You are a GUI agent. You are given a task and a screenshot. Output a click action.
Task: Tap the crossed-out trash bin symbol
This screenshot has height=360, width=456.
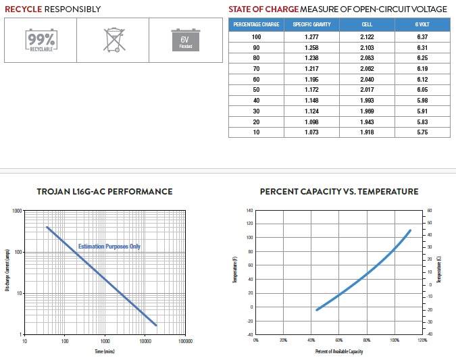(114, 40)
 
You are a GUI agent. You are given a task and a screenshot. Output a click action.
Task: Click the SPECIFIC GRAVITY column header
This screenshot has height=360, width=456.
(311, 25)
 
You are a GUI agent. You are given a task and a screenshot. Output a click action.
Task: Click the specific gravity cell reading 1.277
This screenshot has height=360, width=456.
(311, 36)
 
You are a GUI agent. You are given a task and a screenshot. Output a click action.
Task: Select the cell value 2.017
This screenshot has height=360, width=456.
(367, 90)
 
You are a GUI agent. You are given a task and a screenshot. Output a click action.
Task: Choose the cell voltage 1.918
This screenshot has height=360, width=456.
(367, 132)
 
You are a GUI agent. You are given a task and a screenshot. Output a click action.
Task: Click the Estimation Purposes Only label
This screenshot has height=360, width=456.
(109, 247)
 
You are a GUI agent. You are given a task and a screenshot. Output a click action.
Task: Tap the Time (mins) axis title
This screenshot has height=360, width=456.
(104, 352)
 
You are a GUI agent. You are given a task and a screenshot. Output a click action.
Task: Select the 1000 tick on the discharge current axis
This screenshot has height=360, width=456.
(17, 211)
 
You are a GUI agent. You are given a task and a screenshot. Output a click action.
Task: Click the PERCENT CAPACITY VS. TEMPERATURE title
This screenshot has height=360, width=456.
(338, 192)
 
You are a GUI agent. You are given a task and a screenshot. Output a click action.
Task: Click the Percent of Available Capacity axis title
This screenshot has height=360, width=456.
(338, 352)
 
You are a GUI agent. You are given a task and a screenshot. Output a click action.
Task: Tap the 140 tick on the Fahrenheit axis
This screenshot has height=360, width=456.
(249, 211)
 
